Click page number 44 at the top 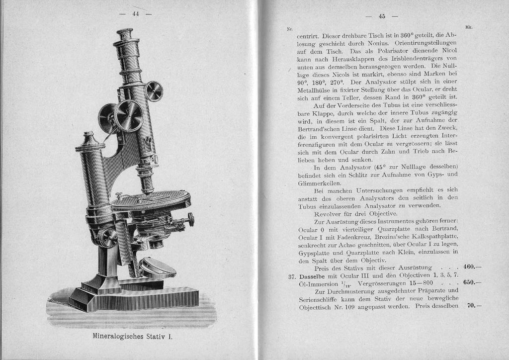point(135,14)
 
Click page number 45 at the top point(382,16)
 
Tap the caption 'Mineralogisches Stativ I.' point(132,337)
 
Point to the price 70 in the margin point(472,305)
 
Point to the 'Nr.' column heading point(290,29)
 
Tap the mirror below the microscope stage point(157,267)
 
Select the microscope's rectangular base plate point(134,297)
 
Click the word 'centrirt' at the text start point(308,36)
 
